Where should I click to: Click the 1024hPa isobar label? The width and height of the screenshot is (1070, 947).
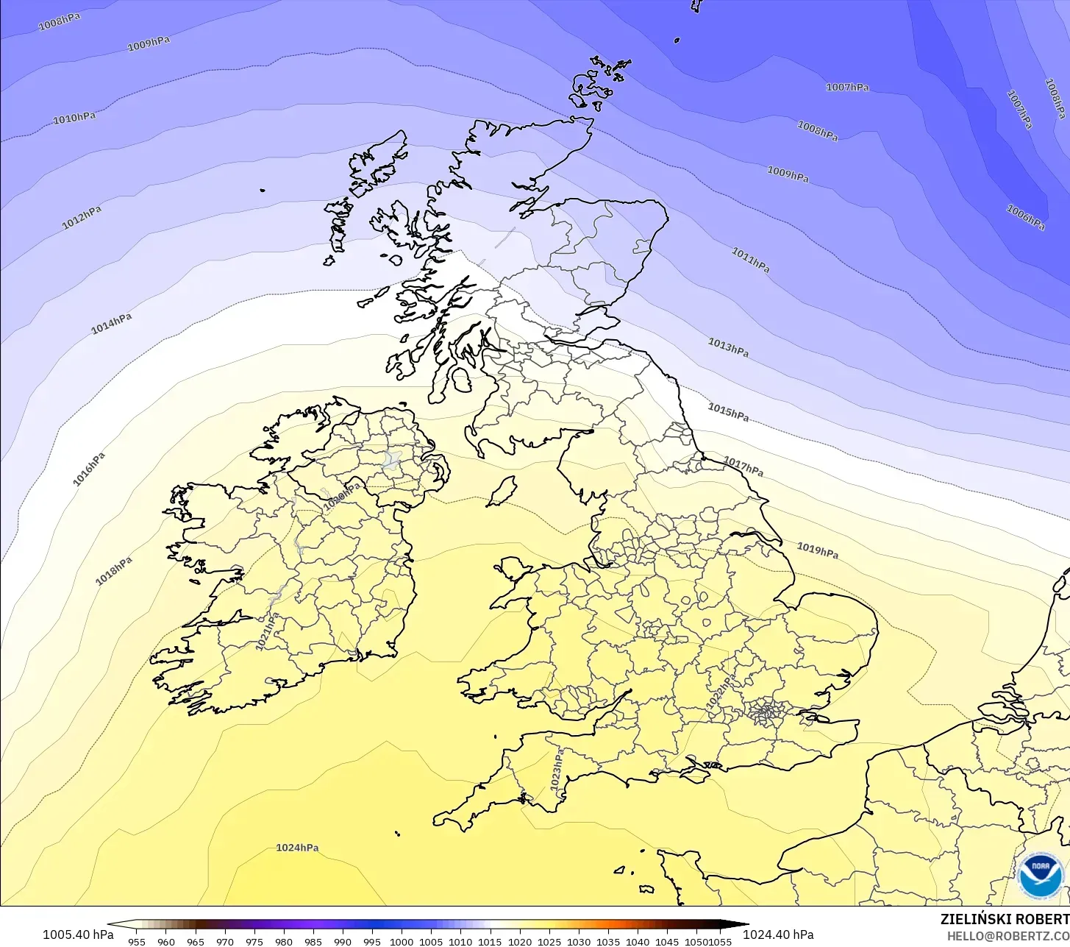point(297,848)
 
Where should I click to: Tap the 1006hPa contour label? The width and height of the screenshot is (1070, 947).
point(1025,218)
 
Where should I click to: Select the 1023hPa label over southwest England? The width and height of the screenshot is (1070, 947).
point(558,770)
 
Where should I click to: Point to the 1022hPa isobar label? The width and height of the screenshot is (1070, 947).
point(721,693)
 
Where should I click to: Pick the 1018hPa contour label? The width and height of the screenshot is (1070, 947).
point(114,572)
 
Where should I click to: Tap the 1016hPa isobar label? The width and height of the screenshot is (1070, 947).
point(89,469)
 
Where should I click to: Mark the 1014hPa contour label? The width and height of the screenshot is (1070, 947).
point(112,324)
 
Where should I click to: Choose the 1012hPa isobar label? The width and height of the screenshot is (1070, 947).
point(82,218)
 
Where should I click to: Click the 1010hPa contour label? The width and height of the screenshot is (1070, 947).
point(74,118)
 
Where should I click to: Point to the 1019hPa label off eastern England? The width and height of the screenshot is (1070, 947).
point(817,550)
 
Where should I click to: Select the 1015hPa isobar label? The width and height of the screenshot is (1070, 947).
point(728,412)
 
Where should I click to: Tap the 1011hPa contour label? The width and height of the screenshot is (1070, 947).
point(750,260)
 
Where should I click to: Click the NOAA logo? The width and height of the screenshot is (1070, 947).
point(1041,876)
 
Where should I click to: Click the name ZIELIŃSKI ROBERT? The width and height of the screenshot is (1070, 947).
point(1005,919)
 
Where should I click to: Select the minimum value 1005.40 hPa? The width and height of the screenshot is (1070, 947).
point(78,934)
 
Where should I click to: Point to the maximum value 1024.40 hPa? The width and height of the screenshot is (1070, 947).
point(778,934)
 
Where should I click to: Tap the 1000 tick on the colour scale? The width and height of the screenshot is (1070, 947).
point(402,942)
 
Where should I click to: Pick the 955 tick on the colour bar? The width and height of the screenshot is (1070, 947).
point(137,942)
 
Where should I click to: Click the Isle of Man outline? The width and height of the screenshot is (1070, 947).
point(502,491)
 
